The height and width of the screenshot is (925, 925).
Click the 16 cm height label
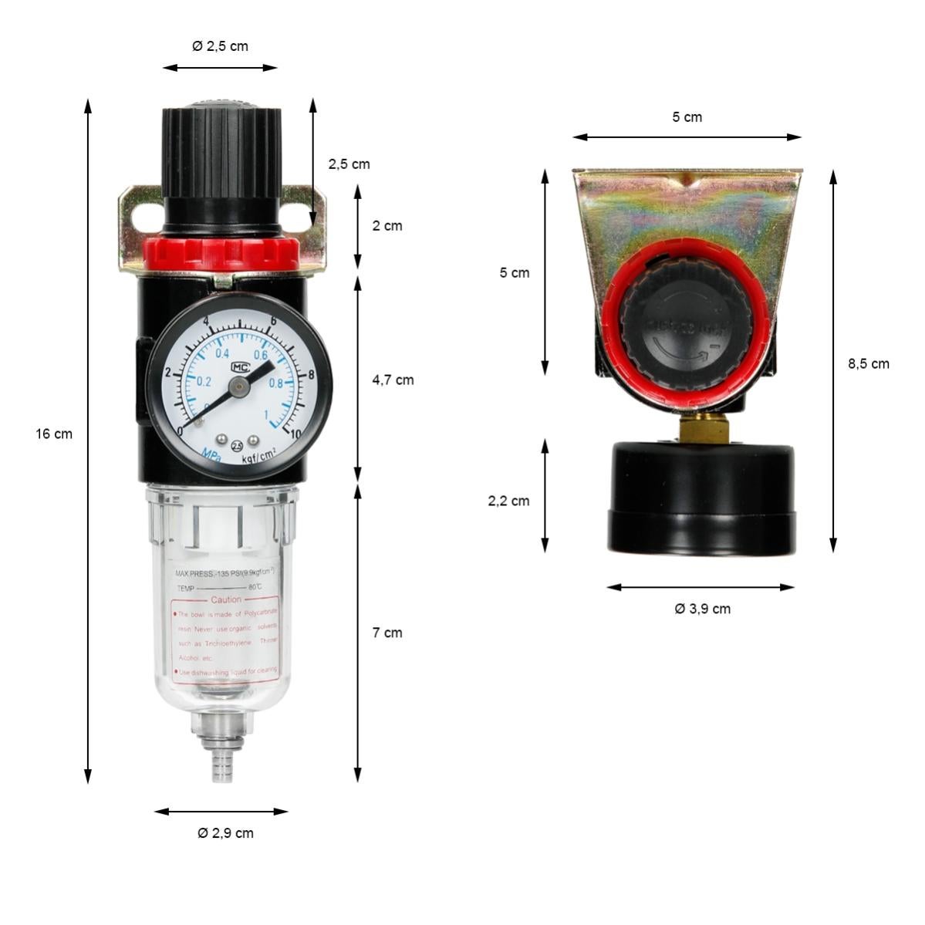coord(54,434)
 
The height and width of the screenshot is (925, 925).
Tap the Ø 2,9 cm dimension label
coord(225,832)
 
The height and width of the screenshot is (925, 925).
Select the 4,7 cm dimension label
coord(393,380)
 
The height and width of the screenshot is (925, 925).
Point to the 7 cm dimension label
coord(387,633)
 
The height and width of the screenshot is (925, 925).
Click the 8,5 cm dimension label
coord(869,363)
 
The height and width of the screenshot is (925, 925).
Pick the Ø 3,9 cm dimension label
coord(702,609)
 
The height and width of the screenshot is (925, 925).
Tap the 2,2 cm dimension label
coord(508,501)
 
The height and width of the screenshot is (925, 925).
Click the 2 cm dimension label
coord(387,226)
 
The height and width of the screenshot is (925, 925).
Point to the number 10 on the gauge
coord(295,434)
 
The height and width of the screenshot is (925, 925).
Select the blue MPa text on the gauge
coord(210,457)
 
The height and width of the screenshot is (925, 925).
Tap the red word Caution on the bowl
coord(226,599)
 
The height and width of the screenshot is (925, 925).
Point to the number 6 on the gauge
coord(273,322)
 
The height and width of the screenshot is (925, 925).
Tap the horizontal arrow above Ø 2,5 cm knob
coord(220,68)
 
